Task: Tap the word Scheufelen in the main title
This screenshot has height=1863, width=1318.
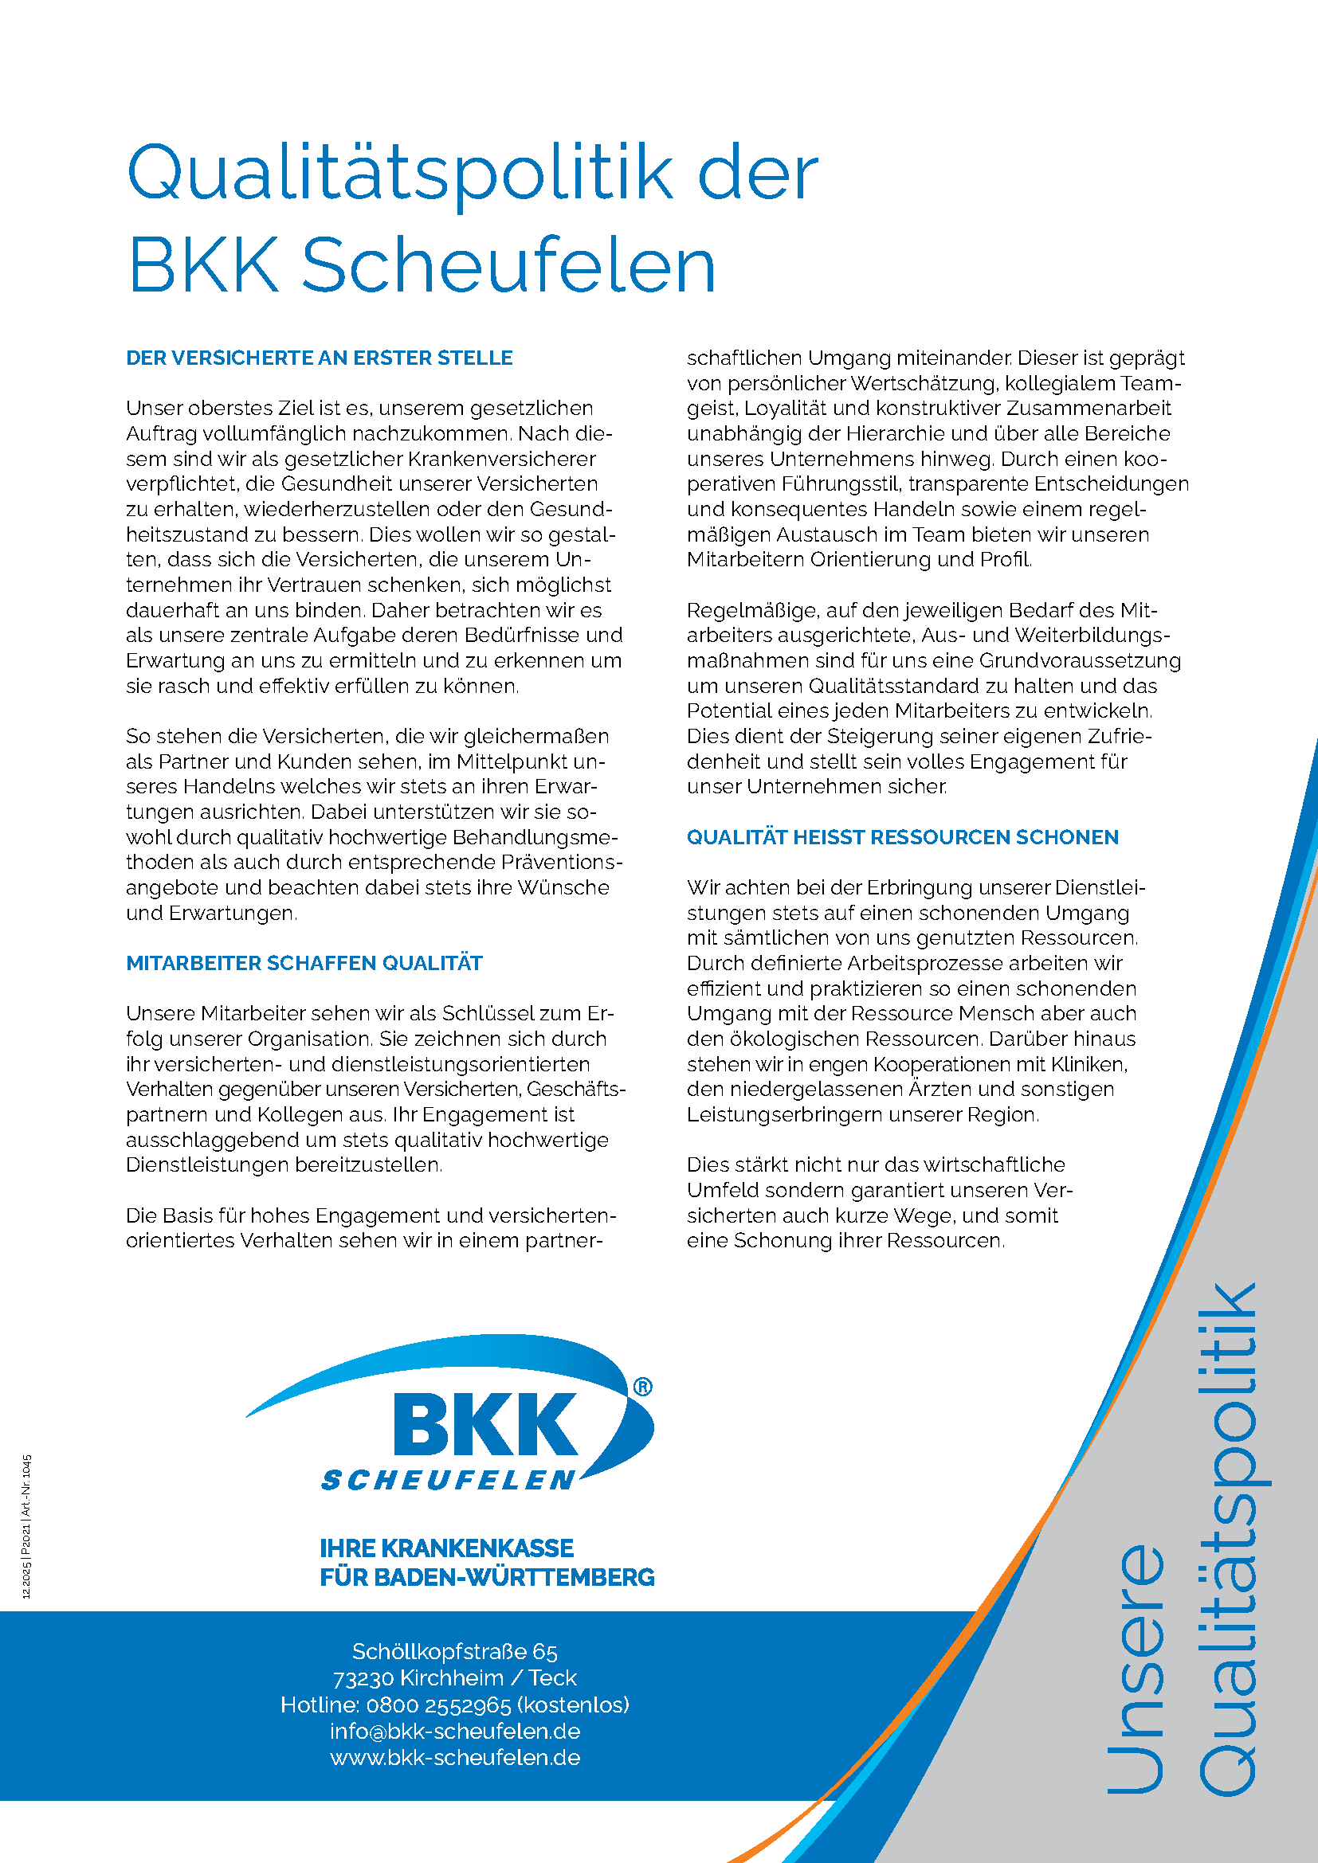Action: point(509,265)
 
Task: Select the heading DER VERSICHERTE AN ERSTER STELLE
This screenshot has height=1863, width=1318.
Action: point(319,358)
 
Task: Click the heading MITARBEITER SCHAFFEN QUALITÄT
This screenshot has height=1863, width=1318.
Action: point(304,963)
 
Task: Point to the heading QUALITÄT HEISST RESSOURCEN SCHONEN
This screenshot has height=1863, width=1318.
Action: point(903,837)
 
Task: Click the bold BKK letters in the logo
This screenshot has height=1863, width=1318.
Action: point(485,1425)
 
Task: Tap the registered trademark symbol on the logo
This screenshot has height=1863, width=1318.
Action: point(642,1387)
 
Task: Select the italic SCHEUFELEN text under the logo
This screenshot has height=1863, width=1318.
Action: point(449,1481)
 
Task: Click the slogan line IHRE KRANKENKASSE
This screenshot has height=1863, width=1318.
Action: point(446,1548)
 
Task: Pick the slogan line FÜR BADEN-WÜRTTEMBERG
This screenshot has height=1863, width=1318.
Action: point(487,1577)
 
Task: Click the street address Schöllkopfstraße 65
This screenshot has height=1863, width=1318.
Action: point(454,1651)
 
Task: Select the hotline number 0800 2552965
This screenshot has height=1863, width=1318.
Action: point(438,1704)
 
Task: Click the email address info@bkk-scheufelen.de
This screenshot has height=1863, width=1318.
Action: point(454,1732)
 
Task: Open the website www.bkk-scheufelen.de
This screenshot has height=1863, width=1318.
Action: point(454,1758)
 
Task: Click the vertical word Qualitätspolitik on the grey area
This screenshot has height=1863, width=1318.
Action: point(1230,1542)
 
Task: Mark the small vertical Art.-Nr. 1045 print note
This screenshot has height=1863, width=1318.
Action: point(27,1485)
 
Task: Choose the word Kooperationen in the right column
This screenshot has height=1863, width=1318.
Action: point(947,1065)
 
